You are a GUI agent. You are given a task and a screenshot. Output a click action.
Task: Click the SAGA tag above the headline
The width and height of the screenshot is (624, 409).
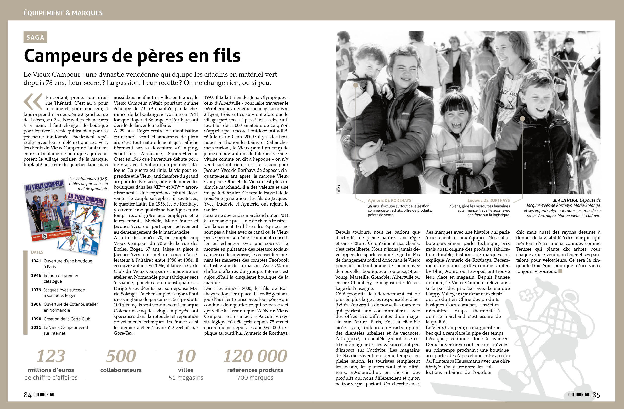pyautogui.click(x=35, y=37)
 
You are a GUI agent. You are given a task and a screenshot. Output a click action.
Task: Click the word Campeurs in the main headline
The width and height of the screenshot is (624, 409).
pyautogui.click(x=66, y=56)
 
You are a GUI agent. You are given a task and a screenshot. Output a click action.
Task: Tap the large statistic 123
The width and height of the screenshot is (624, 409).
pyautogui.click(x=51, y=356)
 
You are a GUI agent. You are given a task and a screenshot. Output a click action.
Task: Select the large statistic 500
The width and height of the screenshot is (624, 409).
pyautogui.click(x=121, y=356)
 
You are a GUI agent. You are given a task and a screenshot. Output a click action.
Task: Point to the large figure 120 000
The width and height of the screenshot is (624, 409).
pyautogui.click(x=255, y=356)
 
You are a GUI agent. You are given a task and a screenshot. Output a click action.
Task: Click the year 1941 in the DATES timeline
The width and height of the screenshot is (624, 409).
pyautogui.click(x=36, y=261)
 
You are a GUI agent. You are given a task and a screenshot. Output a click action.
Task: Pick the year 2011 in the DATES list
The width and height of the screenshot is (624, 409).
pyautogui.click(x=36, y=327)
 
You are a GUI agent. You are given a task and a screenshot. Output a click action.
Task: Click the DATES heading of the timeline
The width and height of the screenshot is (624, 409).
pyautogui.click(x=37, y=252)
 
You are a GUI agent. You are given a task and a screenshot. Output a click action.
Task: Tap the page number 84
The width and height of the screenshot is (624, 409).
pyautogui.click(x=27, y=395)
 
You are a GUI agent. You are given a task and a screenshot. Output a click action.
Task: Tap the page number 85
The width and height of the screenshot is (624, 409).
pyautogui.click(x=596, y=395)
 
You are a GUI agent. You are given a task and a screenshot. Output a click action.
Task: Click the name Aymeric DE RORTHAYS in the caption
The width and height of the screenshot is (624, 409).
pyautogui.click(x=389, y=200)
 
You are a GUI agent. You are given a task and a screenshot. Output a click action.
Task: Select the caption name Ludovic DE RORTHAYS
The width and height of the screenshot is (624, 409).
pyautogui.click(x=488, y=200)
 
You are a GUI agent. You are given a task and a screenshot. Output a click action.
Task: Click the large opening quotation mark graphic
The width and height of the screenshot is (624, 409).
pyautogui.click(x=33, y=101)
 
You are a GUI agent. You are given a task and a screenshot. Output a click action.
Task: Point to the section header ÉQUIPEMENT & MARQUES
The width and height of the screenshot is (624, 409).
pyautogui.click(x=63, y=13)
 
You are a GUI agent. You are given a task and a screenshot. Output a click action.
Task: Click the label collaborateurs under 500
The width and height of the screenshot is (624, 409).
pyautogui.click(x=121, y=370)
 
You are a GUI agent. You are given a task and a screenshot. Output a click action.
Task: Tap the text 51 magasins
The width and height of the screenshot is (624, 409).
pyautogui.click(x=186, y=378)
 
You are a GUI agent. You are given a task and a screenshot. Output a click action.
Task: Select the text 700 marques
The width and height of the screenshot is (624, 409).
pyautogui.click(x=255, y=378)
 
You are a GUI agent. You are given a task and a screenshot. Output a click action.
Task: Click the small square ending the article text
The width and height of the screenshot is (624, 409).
pyautogui.click(x=560, y=271)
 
